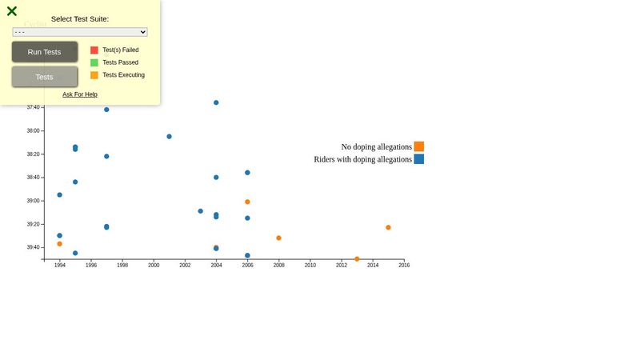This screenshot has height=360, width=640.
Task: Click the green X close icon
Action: [x=12, y=11]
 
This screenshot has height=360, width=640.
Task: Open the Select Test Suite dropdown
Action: [x=80, y=32]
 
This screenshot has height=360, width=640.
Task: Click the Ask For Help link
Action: [x=80, y=94]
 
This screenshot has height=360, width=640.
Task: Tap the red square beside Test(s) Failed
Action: [x=94, y=50]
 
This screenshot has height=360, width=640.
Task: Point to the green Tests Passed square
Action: [x=94, y=62]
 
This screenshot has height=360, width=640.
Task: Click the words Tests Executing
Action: [x=123, y=75]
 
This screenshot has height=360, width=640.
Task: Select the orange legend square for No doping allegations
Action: [x=418, y=146]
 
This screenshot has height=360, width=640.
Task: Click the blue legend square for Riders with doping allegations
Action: [x=418, y=159]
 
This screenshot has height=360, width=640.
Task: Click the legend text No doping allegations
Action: [x=376, y=147]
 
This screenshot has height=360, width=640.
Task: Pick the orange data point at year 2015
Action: [x=388, y=227]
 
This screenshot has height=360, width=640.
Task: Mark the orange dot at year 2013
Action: [x=357, y=258]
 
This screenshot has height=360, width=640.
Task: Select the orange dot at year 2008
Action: [x=278, y=238]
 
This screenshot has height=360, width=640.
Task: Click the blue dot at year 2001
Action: [x=169, y=136]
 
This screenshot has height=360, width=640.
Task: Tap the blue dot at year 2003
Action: [x=200, y=211]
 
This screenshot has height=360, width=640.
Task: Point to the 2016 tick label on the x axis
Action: [x=404, y=266]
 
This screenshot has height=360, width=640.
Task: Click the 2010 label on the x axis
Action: [x=310, y=266]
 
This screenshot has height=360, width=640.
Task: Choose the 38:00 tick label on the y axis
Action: [x=33, y=130]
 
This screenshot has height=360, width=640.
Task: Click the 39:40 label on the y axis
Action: [x=33, y=247]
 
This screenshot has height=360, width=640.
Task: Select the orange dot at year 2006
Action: [x=247, y=202]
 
